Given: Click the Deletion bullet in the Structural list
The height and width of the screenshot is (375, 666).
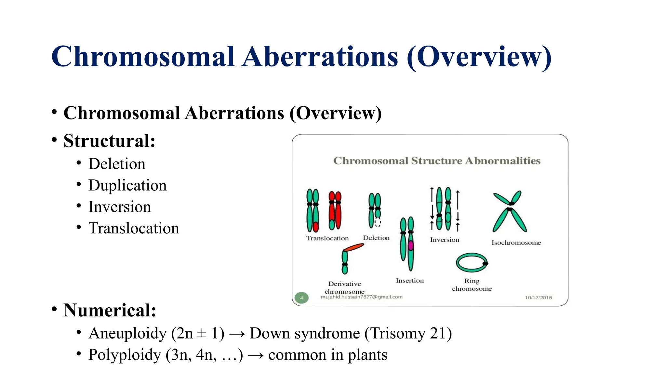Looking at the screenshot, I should pyautogui.click(x=117, y=164).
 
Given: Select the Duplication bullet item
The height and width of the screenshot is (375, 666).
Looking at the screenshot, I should pyautogui.click(x=127, y=185).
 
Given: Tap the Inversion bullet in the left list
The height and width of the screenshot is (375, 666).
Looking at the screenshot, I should pyautogui.click(x=119, y=207).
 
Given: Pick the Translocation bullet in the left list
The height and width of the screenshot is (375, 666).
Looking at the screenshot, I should pyautogui.click(x=133, y=228).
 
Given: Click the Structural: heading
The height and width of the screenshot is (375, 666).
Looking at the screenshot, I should pyautogui.click(x=109, y=141).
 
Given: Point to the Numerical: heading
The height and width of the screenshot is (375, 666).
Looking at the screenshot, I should pyautogui.click(x=110, y=310).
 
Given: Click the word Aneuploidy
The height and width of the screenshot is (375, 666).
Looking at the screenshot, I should pyautogui.click(x=127, y=333).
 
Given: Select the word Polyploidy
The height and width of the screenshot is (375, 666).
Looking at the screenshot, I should pyautogui.click(x=125, y=355).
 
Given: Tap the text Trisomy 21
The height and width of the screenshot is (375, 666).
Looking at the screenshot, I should pyautogui.click(x=408, y=333).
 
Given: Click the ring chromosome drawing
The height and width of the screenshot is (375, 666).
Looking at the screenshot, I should pyautogui.click(x=472, y=262).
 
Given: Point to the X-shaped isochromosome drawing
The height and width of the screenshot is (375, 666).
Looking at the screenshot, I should pyautogui.click(x=510, y=211).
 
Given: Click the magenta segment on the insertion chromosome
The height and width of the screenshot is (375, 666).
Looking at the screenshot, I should pyautogui.click(x=411, y=245).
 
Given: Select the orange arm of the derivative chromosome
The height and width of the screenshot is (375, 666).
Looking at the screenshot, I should pyautogui.click(x=353, y=247).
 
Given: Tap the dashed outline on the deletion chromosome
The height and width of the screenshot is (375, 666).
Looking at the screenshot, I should pyautogui.click(x=378, y=222).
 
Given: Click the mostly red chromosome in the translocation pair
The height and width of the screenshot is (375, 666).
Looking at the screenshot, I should pyautogui.click(x=335, y=211).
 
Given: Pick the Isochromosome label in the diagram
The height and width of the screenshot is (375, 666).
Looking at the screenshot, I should pyautogui.click(x=516, y=243).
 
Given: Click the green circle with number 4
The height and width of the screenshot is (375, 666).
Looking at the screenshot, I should pyautogui.click(x=301, y=298).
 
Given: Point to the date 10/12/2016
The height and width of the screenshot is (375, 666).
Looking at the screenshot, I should pyautogui.click(x=538, y=298).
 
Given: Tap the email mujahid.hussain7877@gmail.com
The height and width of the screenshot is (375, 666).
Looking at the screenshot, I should pyautogui.click(x=361, y=297).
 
